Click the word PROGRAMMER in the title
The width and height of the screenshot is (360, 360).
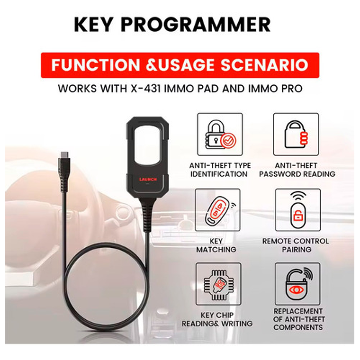[207, 24]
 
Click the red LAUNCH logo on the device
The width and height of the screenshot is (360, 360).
[147, 180]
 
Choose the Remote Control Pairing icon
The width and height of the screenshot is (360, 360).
[297, 210]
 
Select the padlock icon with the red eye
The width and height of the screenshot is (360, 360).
[297, 284]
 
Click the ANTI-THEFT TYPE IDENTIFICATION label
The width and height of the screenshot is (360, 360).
[220, 170]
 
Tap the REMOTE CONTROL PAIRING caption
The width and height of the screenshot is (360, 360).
[297, 245]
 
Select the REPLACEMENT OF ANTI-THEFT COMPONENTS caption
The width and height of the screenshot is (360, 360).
[297, 319]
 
